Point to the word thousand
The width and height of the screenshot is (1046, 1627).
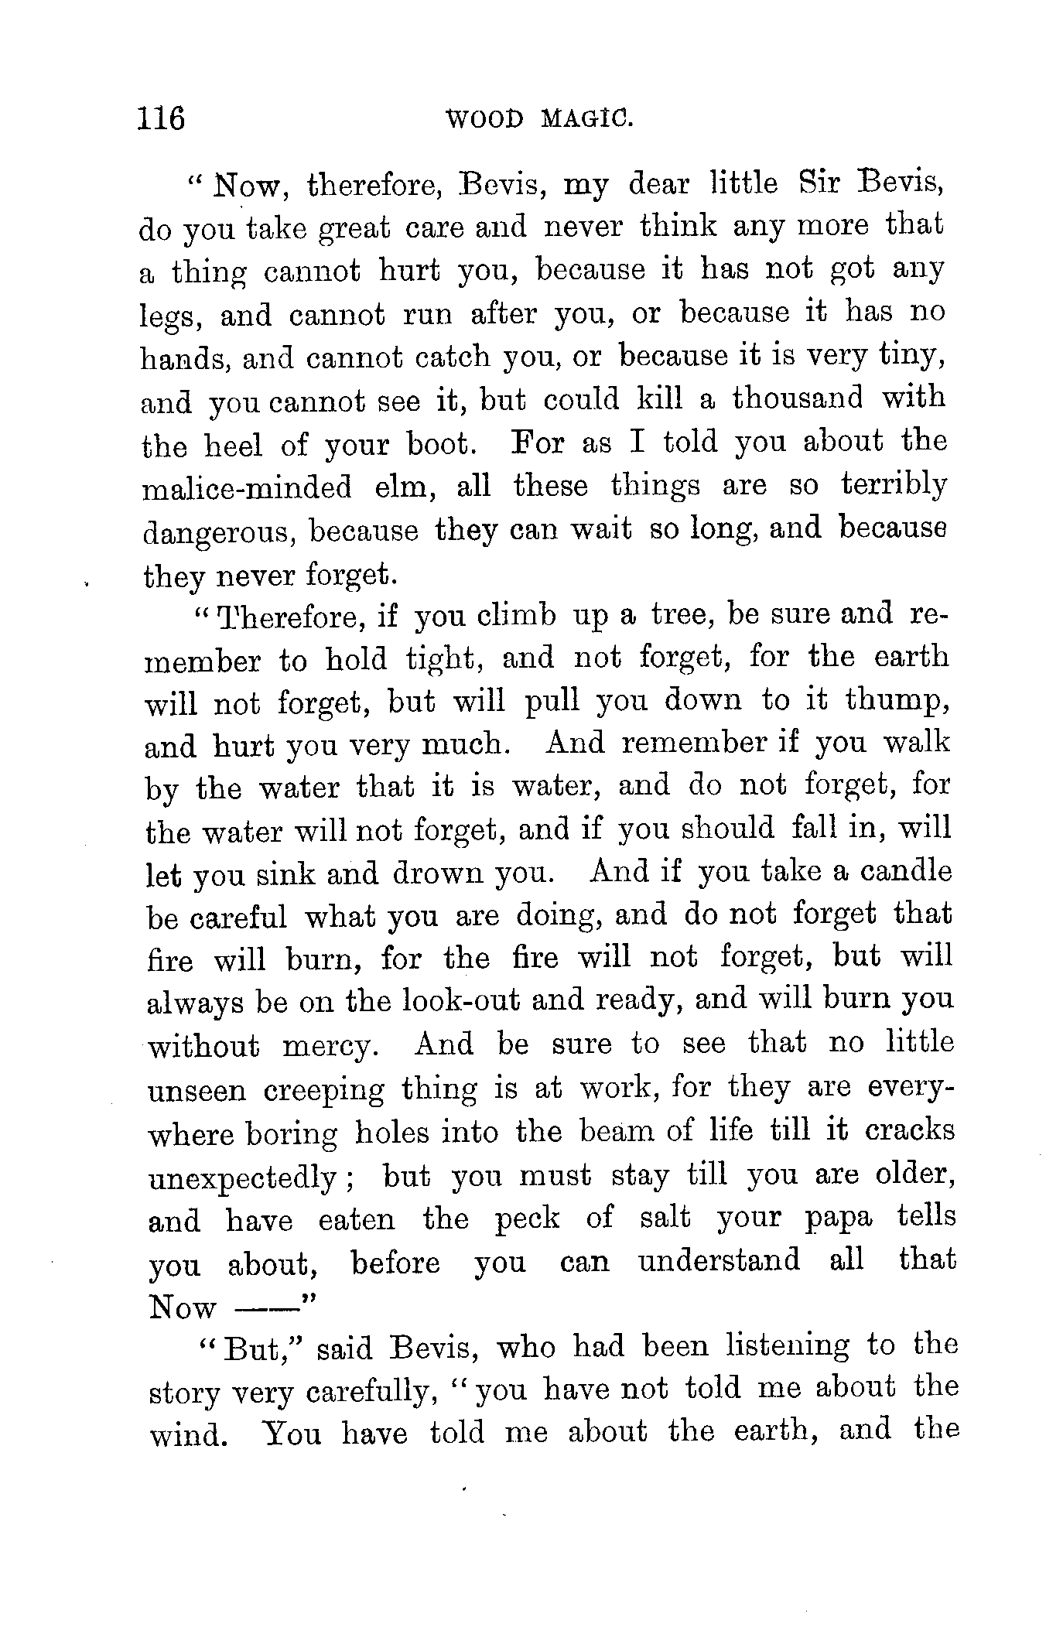798,398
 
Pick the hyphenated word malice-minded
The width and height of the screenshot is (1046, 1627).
248,488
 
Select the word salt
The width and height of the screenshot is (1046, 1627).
665,1219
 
